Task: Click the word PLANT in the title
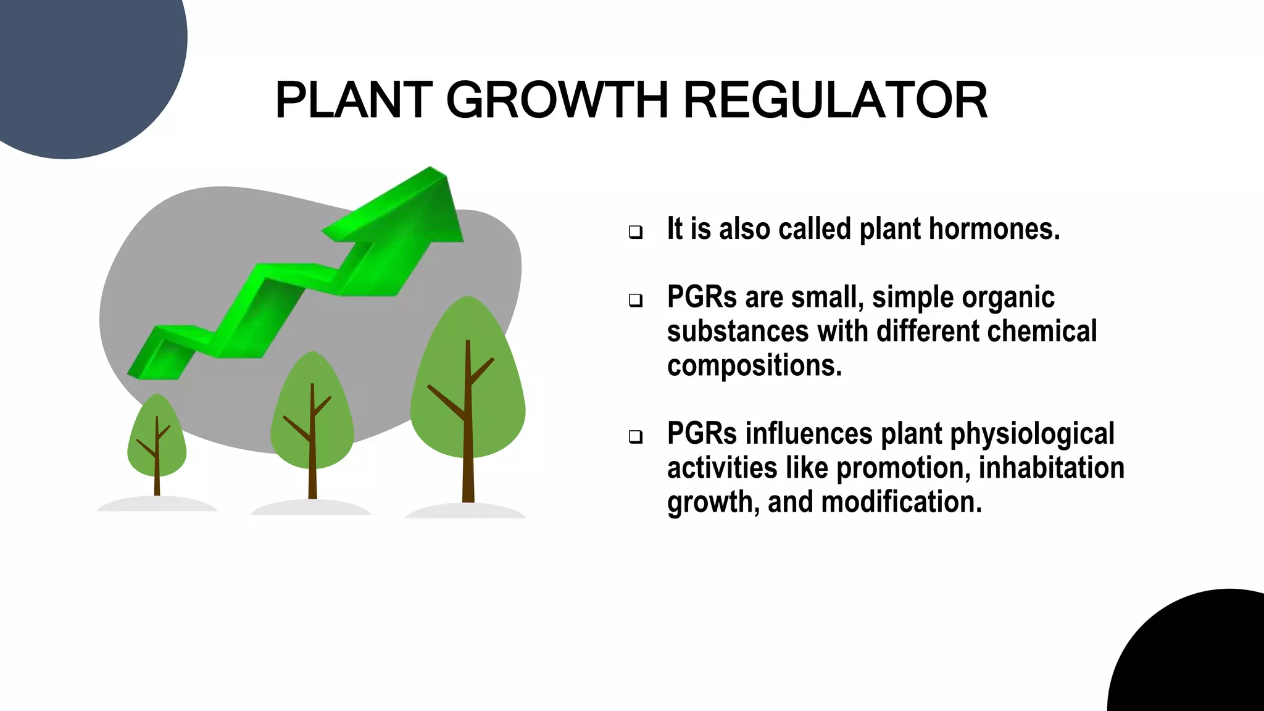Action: (x=354, y=100)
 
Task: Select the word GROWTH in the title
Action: (x=557, y=100)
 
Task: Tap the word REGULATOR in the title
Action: (x=836, y=100)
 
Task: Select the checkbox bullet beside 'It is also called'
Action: (x=636, y=232)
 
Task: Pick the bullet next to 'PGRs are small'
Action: (x=636, y=301)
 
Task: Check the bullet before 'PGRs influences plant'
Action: (x=636, y=437)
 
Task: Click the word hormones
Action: (x=994, y=229)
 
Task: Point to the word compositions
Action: (x=754, y=365)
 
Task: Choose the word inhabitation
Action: (x=1051, y=468)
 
